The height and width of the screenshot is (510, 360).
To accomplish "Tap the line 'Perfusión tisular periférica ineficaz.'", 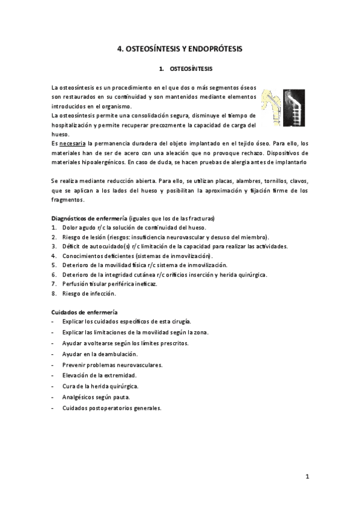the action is pos(109,284).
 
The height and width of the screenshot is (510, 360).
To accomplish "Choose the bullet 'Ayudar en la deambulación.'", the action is pos(100,354).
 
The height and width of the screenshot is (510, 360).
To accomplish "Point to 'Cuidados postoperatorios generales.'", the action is pos(112,408).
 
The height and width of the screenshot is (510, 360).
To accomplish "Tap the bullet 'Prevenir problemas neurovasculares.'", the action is pos(112,365).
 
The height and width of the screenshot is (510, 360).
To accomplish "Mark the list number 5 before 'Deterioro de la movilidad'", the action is pos(54,265).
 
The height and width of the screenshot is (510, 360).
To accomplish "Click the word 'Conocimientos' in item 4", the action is pos(82,256).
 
